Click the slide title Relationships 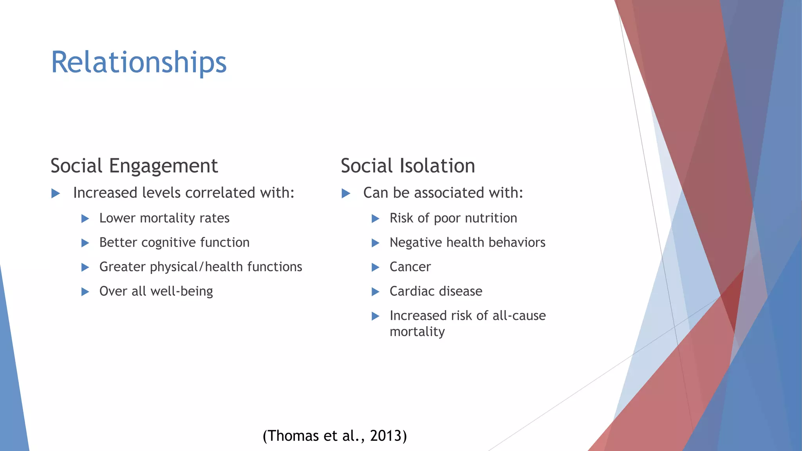pyautogui.click(x=139, y=63)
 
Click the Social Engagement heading pyautogui.click(x=134, y=166)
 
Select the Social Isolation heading pyautogui.click(x=408, y=166)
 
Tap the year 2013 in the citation pyautogui.click(x=386, y=436)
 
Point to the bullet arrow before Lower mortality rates pyautogui.click(x=85, y=218)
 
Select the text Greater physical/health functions pyautogui.click(x=200, y=267)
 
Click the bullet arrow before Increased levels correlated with pyautogui.click(x=56, y=193)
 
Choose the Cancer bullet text pyautogui.click(x=410, y=267)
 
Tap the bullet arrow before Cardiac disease pyautogui.click(x=375, y=292)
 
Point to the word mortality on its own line pyautogui.click(x=417, y=332)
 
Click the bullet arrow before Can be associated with pyautogui.click(x=346, y=193)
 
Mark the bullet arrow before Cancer pyautogui.click(x=375, y=267)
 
